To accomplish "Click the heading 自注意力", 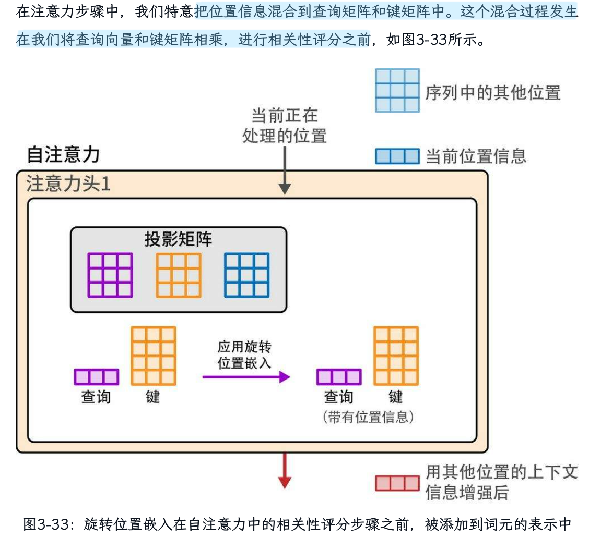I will (63, 155).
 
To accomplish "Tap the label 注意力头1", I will (68, 184).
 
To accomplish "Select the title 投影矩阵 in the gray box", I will (178, 239).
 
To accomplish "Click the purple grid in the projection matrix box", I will (110, 275).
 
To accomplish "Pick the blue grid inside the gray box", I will (246, 275).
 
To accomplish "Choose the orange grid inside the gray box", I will (178, 275).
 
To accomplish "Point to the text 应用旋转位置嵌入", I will (244, 355).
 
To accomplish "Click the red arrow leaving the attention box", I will (284, 470).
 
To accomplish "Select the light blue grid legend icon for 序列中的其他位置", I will (397, 90).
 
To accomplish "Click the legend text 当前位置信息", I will (476, 156).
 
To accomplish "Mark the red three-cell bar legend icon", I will (397, 483).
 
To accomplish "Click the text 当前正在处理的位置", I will (284, 125).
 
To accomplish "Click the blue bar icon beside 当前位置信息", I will (397, 156).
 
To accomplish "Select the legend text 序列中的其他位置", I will (493, 93).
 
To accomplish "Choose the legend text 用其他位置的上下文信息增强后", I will (501, 483).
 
